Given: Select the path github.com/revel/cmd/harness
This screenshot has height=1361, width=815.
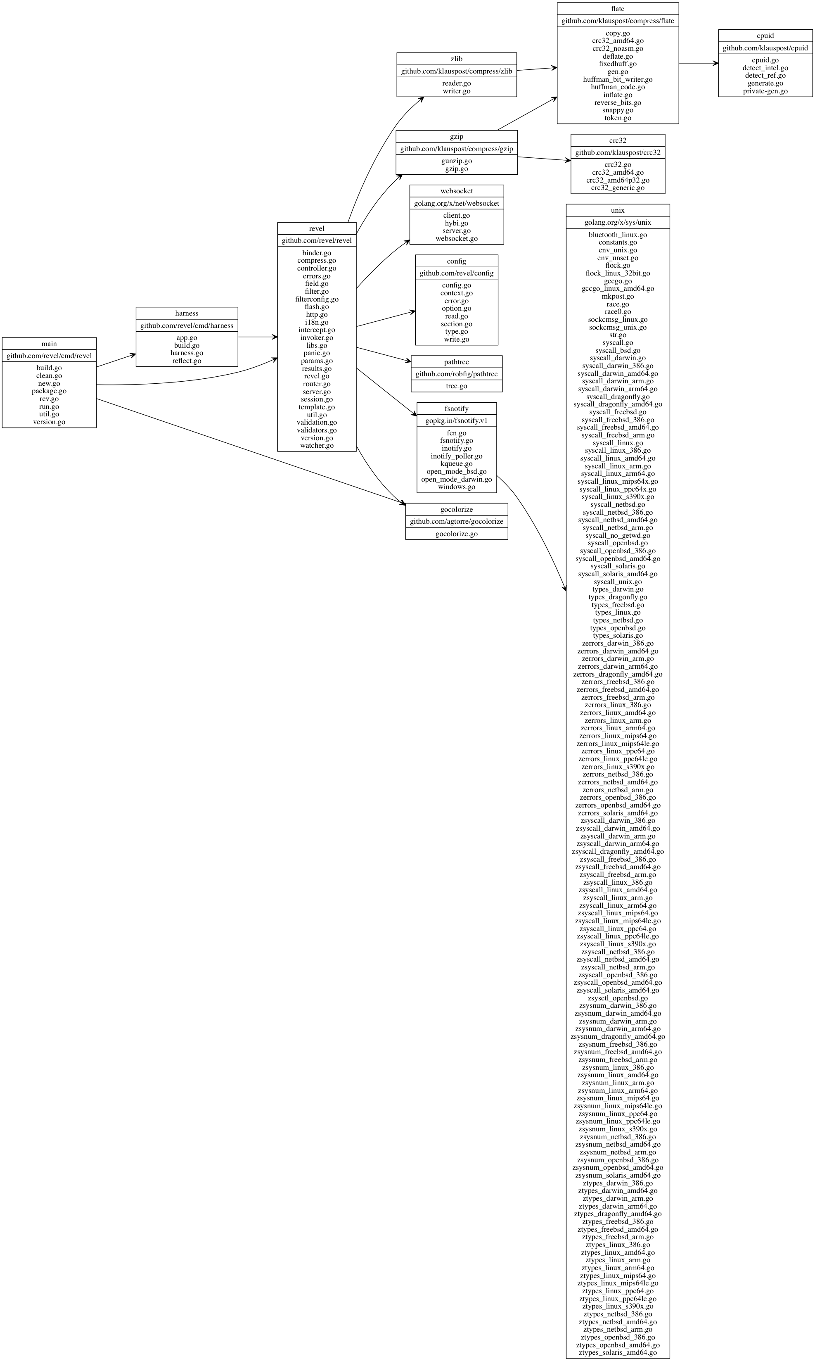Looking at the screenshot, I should coord(187,325).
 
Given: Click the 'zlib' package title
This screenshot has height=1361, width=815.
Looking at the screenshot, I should coord(456,59).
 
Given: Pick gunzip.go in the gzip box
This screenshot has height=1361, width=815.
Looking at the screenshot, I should coord(456,161).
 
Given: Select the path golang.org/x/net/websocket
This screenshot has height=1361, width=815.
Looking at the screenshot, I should coord(456,203).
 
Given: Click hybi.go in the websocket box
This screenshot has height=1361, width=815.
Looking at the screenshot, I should coord(456,223).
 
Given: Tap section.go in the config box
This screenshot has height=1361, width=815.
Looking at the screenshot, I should coord(456,324).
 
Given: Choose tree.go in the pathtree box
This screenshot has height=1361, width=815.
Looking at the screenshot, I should coord(456,386).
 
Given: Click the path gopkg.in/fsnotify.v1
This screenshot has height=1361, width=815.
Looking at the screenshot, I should coord(456,421).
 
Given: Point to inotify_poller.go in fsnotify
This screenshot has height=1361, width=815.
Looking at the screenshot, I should coord(456,456).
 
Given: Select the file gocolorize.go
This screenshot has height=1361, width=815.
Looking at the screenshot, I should coord(456,534).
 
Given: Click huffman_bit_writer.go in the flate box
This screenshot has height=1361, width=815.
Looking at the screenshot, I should coord(618,79).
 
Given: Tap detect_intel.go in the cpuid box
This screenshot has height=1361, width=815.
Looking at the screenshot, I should coord(765,68).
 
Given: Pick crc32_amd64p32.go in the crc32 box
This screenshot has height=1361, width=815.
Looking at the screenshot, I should coord(618,180).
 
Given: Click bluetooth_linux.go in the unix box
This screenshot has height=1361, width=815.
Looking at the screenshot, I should coord(618,235).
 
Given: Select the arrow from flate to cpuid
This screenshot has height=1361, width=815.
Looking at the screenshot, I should coord(698,63).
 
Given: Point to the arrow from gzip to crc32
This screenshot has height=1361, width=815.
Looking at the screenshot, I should coord(544,159).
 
